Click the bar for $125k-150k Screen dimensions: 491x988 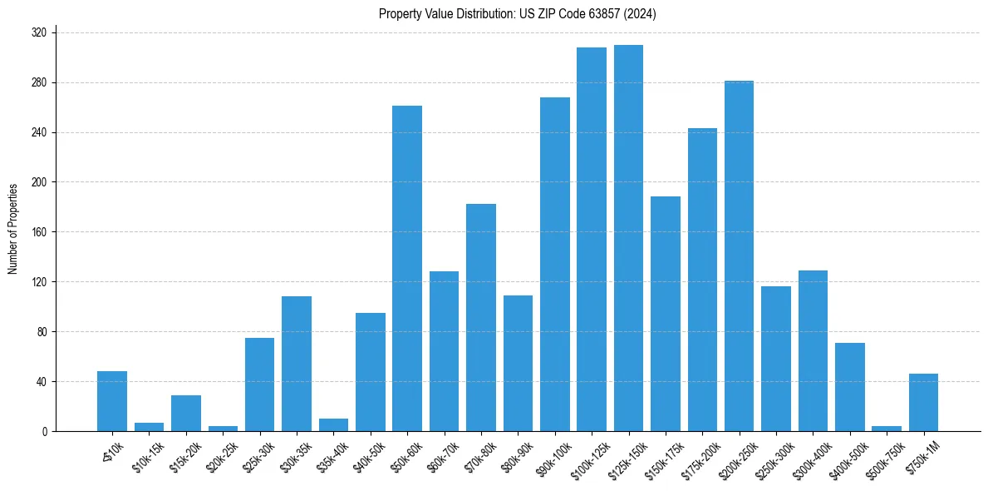(628, 238)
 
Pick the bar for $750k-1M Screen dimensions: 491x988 (923, 403)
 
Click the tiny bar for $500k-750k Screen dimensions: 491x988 (887, 429)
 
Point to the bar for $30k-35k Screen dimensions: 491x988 (297, 364)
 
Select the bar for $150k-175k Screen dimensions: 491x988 (666, 314)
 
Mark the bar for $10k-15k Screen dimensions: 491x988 (149, 427)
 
